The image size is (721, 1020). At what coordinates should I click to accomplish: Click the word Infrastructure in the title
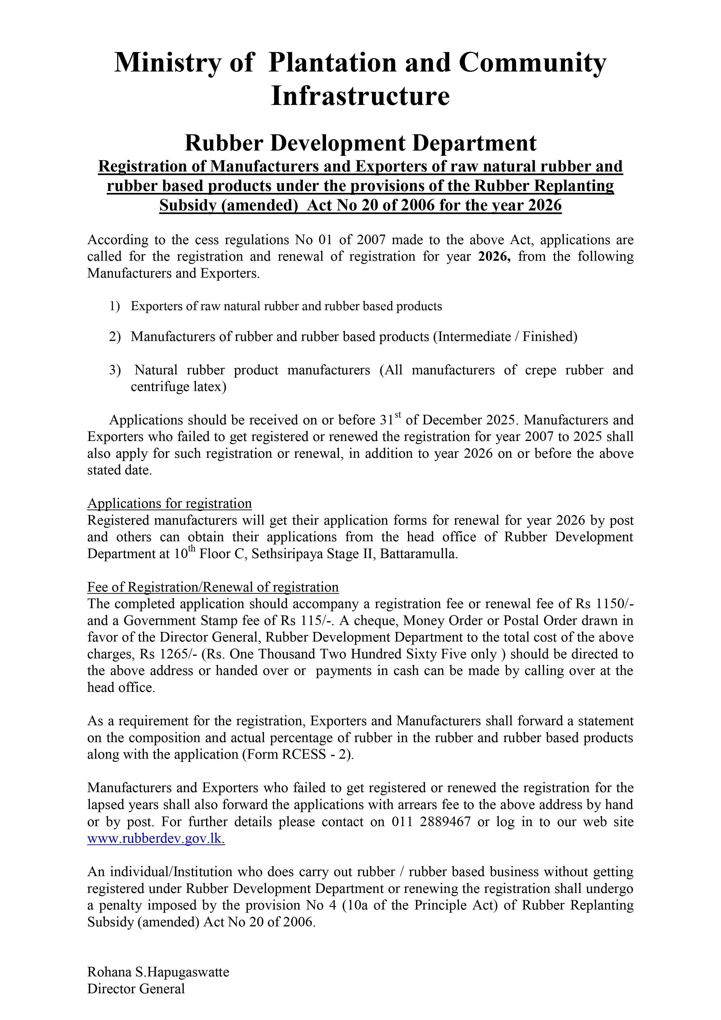pyautogui.click(x=360, y=97)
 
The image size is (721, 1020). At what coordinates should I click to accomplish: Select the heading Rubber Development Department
pyautogui.click(x=360, y=143)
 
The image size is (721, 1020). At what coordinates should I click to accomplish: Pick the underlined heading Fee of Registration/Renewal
pyautogui.click(x=213, y=587)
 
